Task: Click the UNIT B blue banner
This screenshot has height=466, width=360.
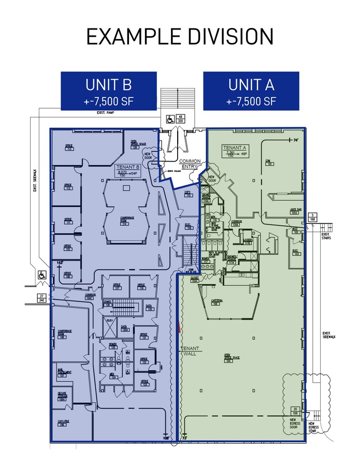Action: click(109, 91)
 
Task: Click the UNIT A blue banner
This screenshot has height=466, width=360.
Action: click(251, 91)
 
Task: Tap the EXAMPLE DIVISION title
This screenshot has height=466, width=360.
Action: click(180, 37)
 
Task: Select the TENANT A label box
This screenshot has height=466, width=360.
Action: click(235, 151)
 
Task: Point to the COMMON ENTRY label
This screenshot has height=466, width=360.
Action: click(179, 163)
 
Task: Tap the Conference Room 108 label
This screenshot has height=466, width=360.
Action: click(65, 334)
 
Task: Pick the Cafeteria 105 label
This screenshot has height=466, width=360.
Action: click(217, 302)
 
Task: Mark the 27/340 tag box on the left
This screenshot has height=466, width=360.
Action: click(40, 298)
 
